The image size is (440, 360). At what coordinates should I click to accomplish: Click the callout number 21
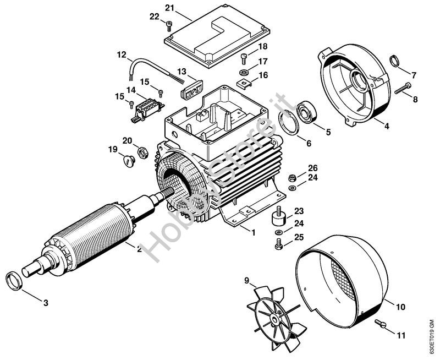tap(169, 8)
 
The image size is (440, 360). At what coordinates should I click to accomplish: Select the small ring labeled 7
tap(394, 61)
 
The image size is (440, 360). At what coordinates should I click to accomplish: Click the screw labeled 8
tap(403, 88)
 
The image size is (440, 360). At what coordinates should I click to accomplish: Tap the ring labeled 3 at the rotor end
tap(14, 281)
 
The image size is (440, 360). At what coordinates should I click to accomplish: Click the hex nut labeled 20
tap(143, 153)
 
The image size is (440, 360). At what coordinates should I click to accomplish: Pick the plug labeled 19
tap(129, 161)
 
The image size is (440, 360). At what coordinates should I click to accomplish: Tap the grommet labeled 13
tap(192, 90)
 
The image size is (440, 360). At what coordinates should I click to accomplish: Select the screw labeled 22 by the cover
tap(169, 26)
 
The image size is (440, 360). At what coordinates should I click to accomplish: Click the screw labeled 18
tap(244, 59)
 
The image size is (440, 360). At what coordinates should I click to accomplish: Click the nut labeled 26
tap(293, 178)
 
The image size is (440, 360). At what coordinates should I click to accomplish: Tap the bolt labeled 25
tap(278, 244)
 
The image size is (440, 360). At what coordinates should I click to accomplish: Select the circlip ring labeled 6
tap(288, 122)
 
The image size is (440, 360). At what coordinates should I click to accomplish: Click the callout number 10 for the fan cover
tap(401, 307)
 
